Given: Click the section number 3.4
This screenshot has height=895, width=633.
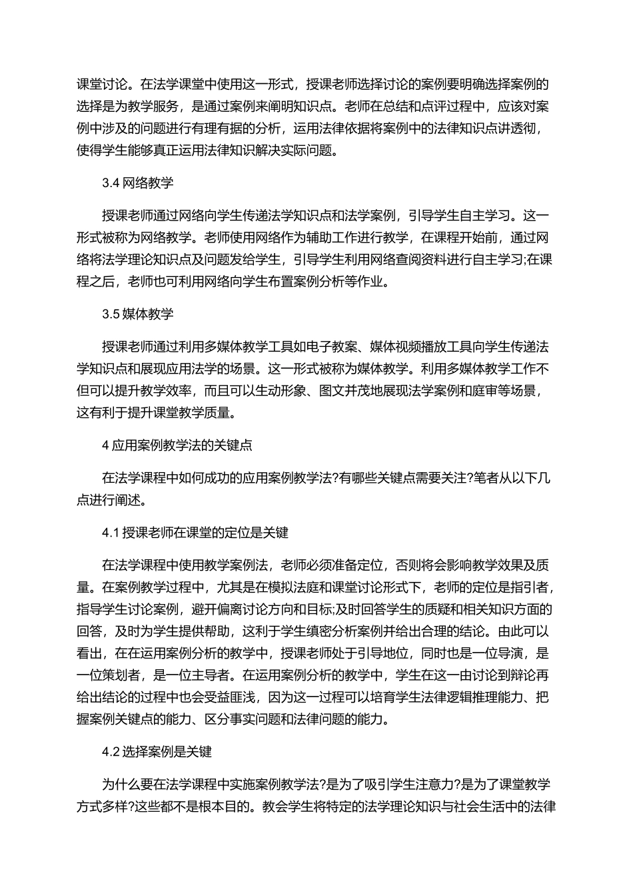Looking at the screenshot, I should [x=111, y=184].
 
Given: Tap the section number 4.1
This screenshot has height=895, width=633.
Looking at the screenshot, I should [x=110, y=533].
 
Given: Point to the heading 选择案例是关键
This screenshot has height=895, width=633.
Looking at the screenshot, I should [x=167, y=752].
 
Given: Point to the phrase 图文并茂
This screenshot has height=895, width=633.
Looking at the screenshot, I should [x=358, y=391].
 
